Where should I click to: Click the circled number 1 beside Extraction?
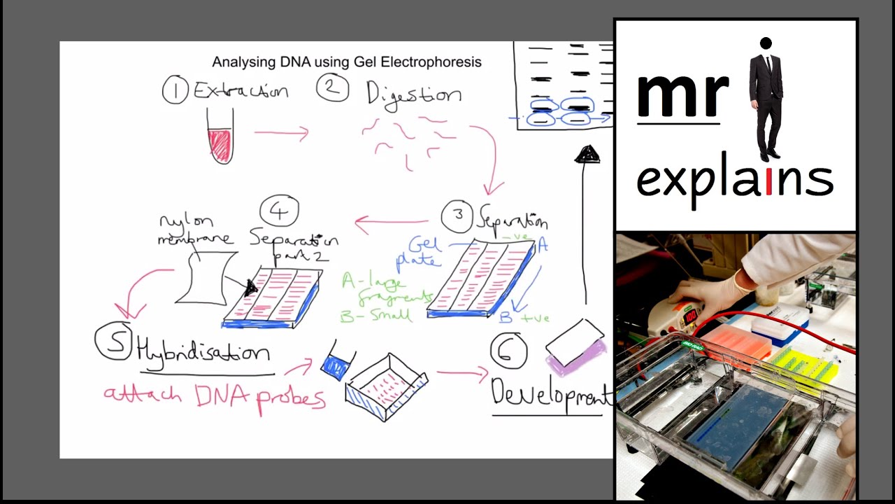point(175,91)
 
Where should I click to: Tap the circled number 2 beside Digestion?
point(333,89)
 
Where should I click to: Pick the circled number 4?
point(279,211)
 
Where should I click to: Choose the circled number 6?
point(508,350)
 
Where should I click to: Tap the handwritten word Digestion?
point(414,94)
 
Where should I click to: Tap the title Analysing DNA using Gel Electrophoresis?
point(347,62)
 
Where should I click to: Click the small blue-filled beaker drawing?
point(336,364)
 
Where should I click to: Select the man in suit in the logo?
point(766,98)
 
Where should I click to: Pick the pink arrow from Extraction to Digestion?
point(281,132)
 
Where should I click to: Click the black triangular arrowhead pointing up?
point(587,155)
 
